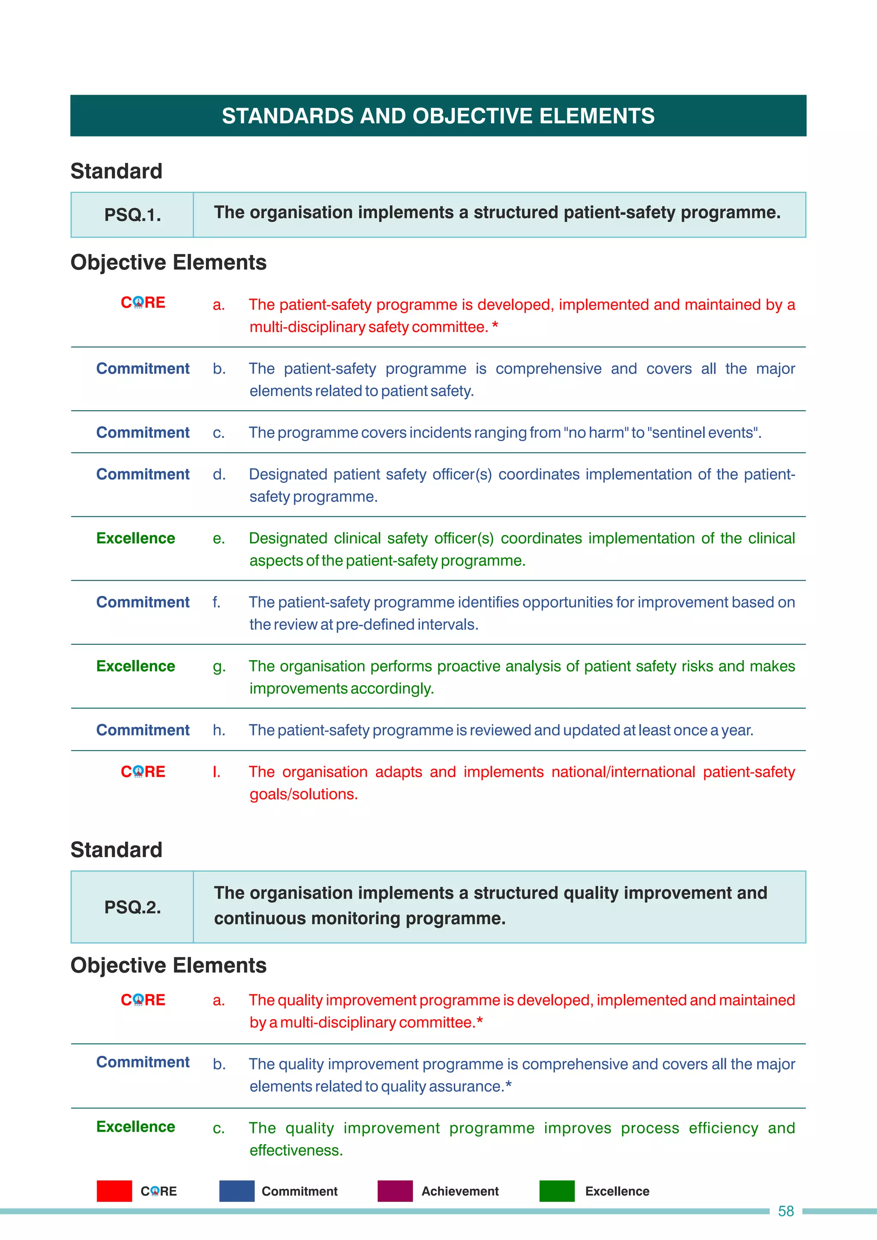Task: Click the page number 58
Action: point(785,1211)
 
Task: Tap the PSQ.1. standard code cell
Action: point(132,215)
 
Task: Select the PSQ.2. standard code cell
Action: point(132,907)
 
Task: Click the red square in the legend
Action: point(114,1191)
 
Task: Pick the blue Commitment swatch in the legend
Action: point(236,1191)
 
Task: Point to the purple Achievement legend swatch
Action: point(395,1191)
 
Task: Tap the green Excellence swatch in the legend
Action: point(557,1191)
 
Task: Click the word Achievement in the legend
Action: point(459,1191)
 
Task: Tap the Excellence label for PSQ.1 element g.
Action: point(136,666)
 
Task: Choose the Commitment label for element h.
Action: point(143,730)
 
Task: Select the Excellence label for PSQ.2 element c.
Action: point(136,1127)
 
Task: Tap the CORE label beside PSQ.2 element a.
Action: point(143,1000)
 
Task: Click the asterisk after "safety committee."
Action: point(495,327)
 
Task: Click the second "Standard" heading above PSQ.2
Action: point(116,850)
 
